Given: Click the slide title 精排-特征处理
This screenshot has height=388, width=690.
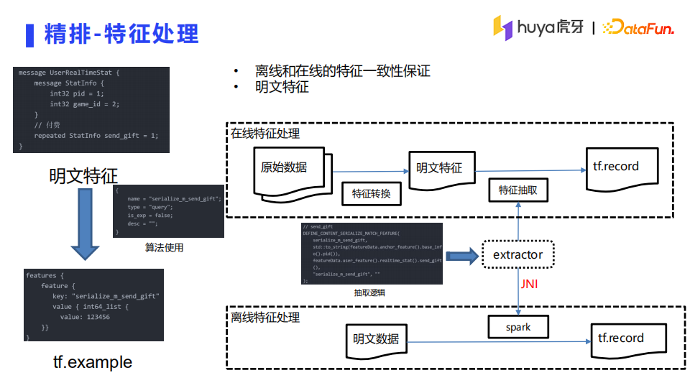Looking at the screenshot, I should pyautogui.click(x=121, y=33).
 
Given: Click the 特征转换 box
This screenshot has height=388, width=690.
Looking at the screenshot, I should pyautogui.click(x=371, y=193).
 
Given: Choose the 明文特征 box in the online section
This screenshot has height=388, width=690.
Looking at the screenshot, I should pyautogui.click(x=440, y=169).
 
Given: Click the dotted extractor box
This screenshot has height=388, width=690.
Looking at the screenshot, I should pyautogui.click(x=517, y=255).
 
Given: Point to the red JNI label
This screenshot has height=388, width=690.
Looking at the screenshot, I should pyautogui.click(x=529, y=285).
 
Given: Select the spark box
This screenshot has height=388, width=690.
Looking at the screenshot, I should pyautogui.click(x=517, y=327).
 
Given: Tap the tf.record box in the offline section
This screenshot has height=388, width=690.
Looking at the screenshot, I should pyautogui.click(x=621, y=339).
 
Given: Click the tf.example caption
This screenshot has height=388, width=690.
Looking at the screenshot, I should pyautogui.click(x=93, y=362).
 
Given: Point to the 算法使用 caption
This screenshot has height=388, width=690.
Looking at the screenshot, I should pyautogui.click(x=164, y=248).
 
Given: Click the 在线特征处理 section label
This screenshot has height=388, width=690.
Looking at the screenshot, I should pyautogui.click(x=265, y=134).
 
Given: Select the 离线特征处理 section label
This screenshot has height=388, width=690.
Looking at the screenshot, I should pyautogui.click(x=265, y=317).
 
